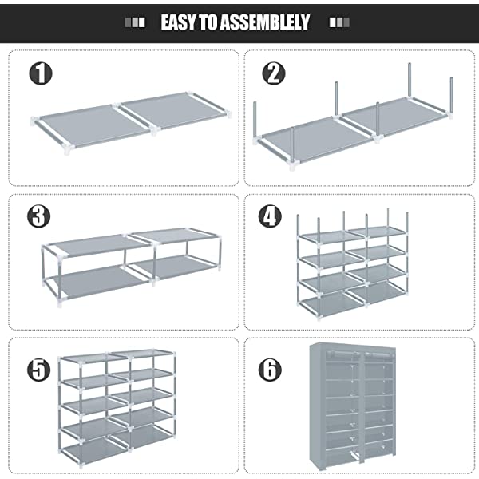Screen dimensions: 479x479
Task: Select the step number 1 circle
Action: [x=41, y=74]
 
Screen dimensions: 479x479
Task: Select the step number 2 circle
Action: [x=274, y=74]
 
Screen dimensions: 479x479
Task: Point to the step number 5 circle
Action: [x=38, y=369]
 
